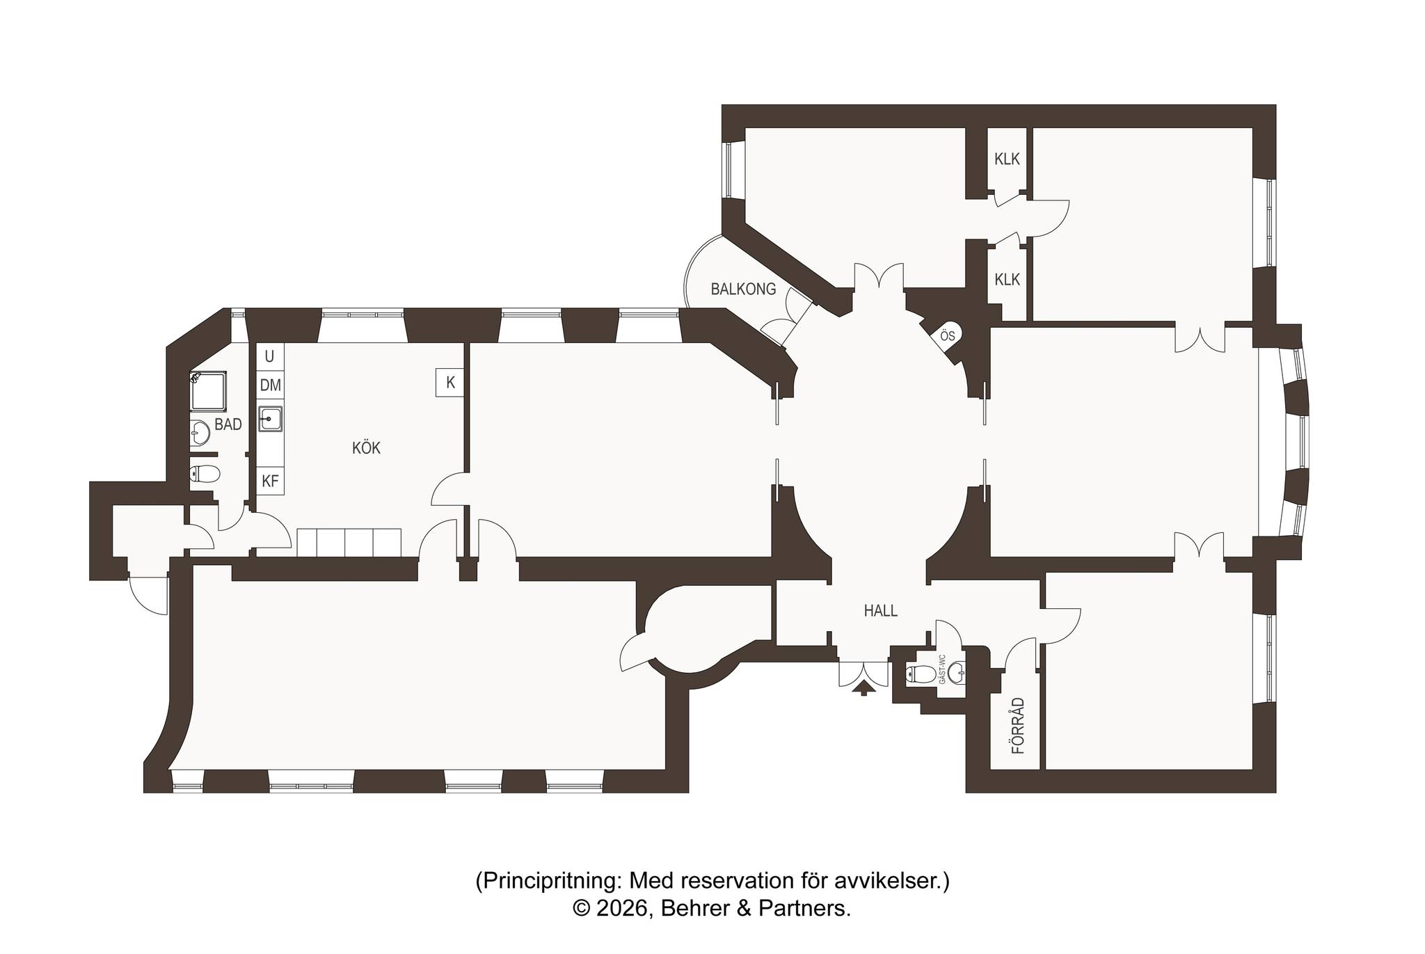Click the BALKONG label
pyautogui.click(x=743, y=289)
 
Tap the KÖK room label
pyautogui.click(x=366, y=448)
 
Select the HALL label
pyautogui.click(x=880, y=611)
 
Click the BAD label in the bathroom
pyautogui.click(x=228, y=424)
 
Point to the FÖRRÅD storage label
pyautogui.click(x=1018, y=726)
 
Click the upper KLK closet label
pyautogui.click(x=1007, y=159)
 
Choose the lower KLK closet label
pyautogui.click(x=1007, y=280)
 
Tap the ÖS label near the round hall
pyautogui.click(x=947, y=335)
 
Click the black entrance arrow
pyautogui.click(x=864, y=687)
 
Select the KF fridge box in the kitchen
pyautogui.click(x=270, y=480)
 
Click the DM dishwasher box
pyautogui.click(x=270, y=385)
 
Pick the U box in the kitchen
pyautogui.click(x=270, y=356)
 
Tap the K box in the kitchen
pyautogui.click(x=450, y=382)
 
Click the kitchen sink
pyautogui.click(x=270, y=419)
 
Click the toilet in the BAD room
pyautogui.click(x=205, y=474)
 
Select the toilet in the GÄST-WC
pyautogui.click(x=922, y=674)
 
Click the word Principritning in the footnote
pyautogui.click(x=550, y=882)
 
